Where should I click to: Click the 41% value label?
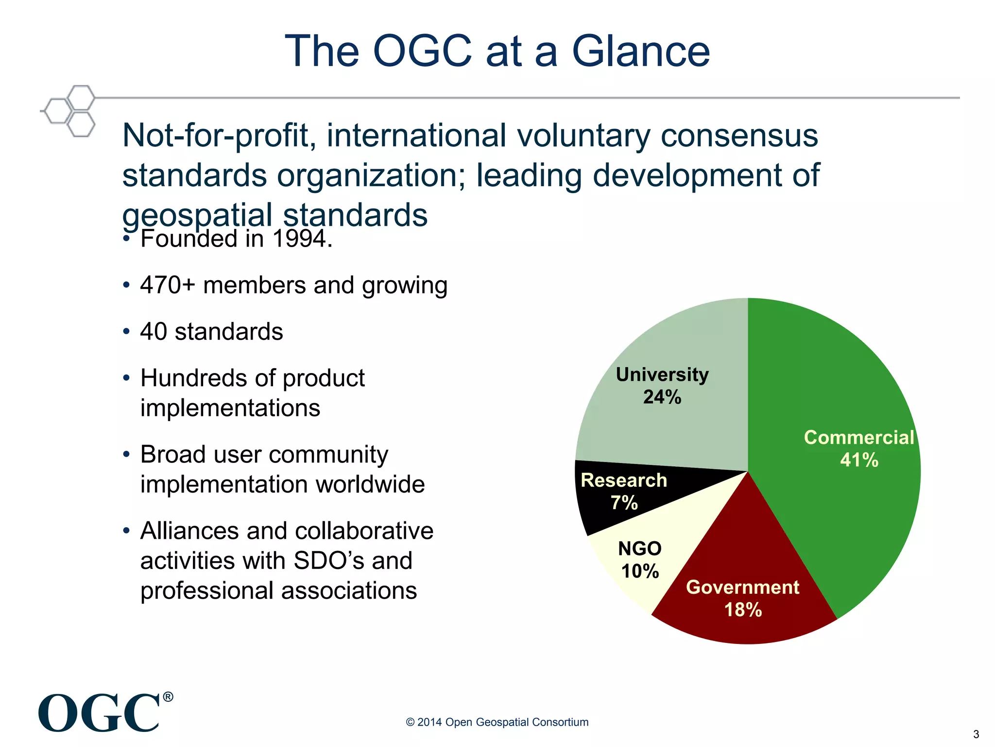coord(859,460)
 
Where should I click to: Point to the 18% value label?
coord(743,610)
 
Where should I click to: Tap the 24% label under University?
coord(662,397)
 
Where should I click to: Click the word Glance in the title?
coord(641,51)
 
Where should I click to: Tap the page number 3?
coord(976,734)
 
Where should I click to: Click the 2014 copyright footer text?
coord(497,722)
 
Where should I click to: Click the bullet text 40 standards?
coord(211,332)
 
